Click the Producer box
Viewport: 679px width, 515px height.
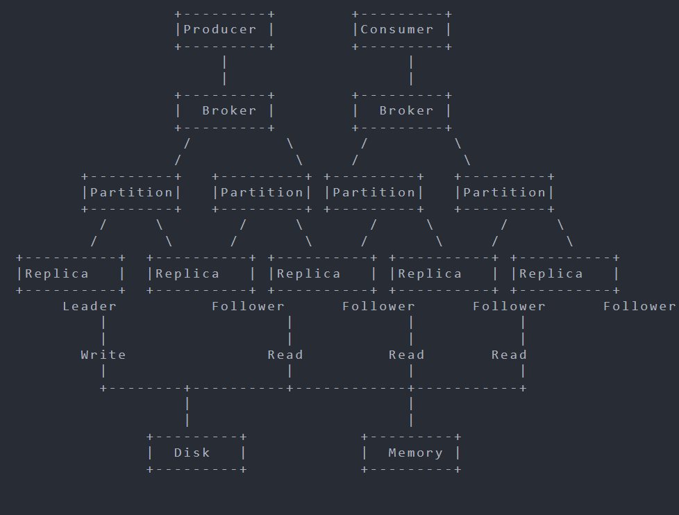(x=224, y=30)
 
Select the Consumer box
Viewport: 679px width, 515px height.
(x=402, y=30)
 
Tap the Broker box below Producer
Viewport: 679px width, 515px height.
(x=224, y=111)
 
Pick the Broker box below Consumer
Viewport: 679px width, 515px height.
(x=402, y=111)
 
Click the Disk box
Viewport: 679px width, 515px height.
(x=196, y=453)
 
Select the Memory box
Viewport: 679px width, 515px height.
(x=411, y=453)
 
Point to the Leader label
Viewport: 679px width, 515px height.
(x=90, y=306)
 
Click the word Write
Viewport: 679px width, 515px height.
(x=103, y=355)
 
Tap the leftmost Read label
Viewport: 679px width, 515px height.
(x=285, y=355)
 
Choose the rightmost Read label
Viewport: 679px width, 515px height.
(x=509, y=355)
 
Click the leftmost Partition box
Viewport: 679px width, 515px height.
(x=131, y=192)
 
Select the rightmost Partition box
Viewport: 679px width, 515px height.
(x=505, y=192)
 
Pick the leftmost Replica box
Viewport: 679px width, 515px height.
(x=71, y=273)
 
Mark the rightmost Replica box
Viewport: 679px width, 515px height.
(x=564, y=273)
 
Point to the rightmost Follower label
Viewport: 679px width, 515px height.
(x=639, y=306)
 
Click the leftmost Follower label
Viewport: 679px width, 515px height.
(x=248, y=306)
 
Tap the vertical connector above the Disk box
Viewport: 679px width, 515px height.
(x=187, y=412)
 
